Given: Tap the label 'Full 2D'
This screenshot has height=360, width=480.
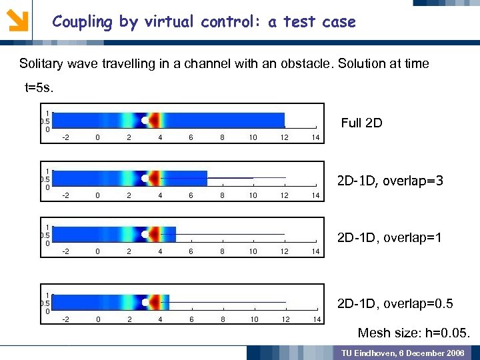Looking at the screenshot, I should point(361,123).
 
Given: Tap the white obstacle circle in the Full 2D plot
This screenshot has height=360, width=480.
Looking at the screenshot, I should point(145,121).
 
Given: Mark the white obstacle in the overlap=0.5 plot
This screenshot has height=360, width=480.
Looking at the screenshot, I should point(145,302).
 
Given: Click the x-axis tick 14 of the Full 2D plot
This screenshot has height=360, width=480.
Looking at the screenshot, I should point(316,138).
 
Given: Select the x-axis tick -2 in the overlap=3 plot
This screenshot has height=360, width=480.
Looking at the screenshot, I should point(66,196).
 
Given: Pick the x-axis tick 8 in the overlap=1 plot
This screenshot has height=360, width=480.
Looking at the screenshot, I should point(222,252).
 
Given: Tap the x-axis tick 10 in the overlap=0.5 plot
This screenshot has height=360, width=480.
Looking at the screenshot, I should point(253,319).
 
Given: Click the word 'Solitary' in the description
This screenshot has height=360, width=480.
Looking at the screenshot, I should point(41,64).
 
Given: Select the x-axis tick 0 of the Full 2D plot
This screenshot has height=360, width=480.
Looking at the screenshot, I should point(98,138).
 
